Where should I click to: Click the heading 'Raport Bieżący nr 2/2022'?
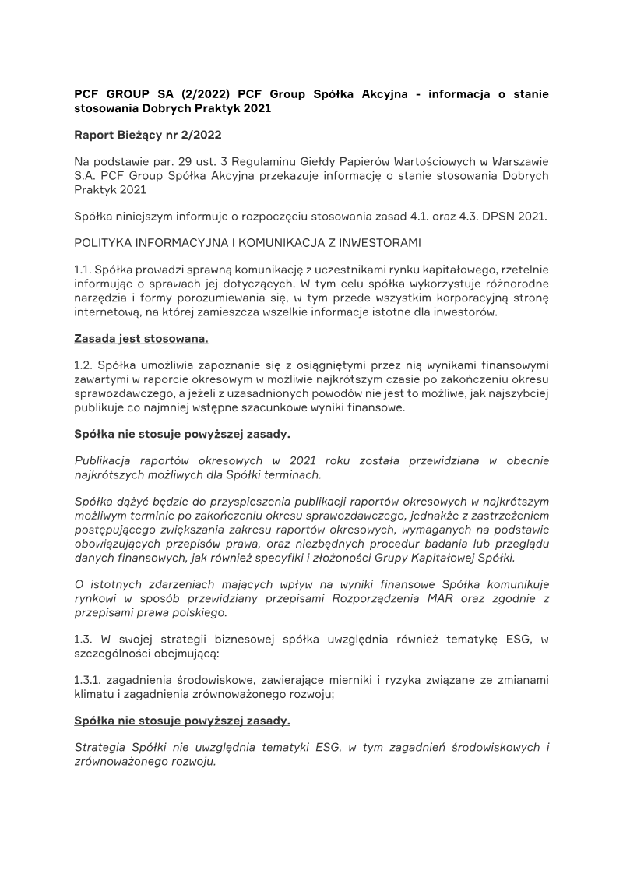coord(147,135)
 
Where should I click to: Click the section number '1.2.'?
coord(83,365)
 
